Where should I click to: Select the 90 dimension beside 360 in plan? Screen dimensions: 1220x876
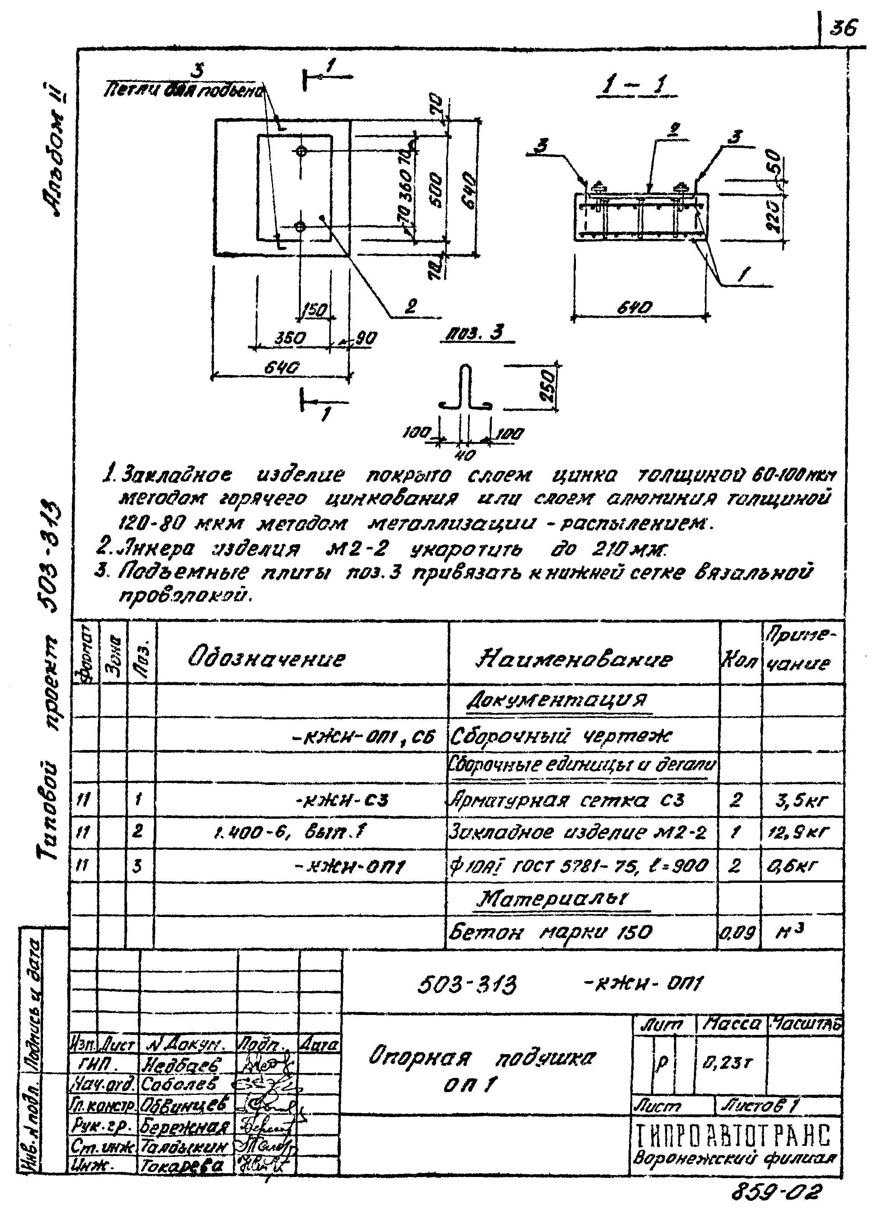pyautogui.click(x=365, y=338)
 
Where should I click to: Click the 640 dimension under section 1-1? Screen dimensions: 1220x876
pyautogui.click(x=638, y=308)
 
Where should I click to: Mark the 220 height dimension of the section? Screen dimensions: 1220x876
pyautogui.click(x=774, y=215)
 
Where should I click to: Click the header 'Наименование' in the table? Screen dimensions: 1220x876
pyautogui.click(x=574, y=659)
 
